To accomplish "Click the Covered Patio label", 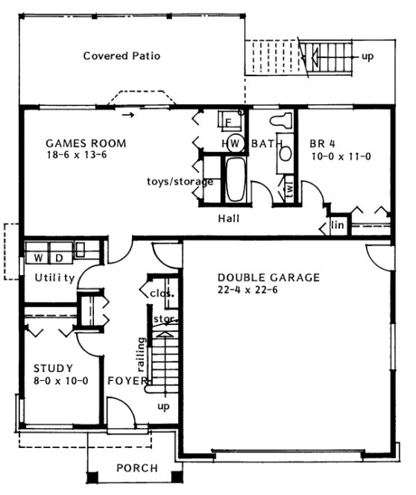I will click(x=122, y=56).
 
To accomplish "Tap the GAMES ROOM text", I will click(x=86, y=143).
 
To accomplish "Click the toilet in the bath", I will click(x=283, y=122).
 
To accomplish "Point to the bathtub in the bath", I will click(x=236, y=180).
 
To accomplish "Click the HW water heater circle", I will click(x=230, y=143).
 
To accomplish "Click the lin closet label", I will click(x=337, y=224).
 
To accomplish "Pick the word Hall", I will click(x=228, y=219).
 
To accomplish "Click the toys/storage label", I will click(x=180, y=181).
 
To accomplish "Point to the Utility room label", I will click(x=54, y=279).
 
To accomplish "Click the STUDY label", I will click(x=53, y=368).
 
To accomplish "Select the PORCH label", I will click(x=136, y=468).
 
